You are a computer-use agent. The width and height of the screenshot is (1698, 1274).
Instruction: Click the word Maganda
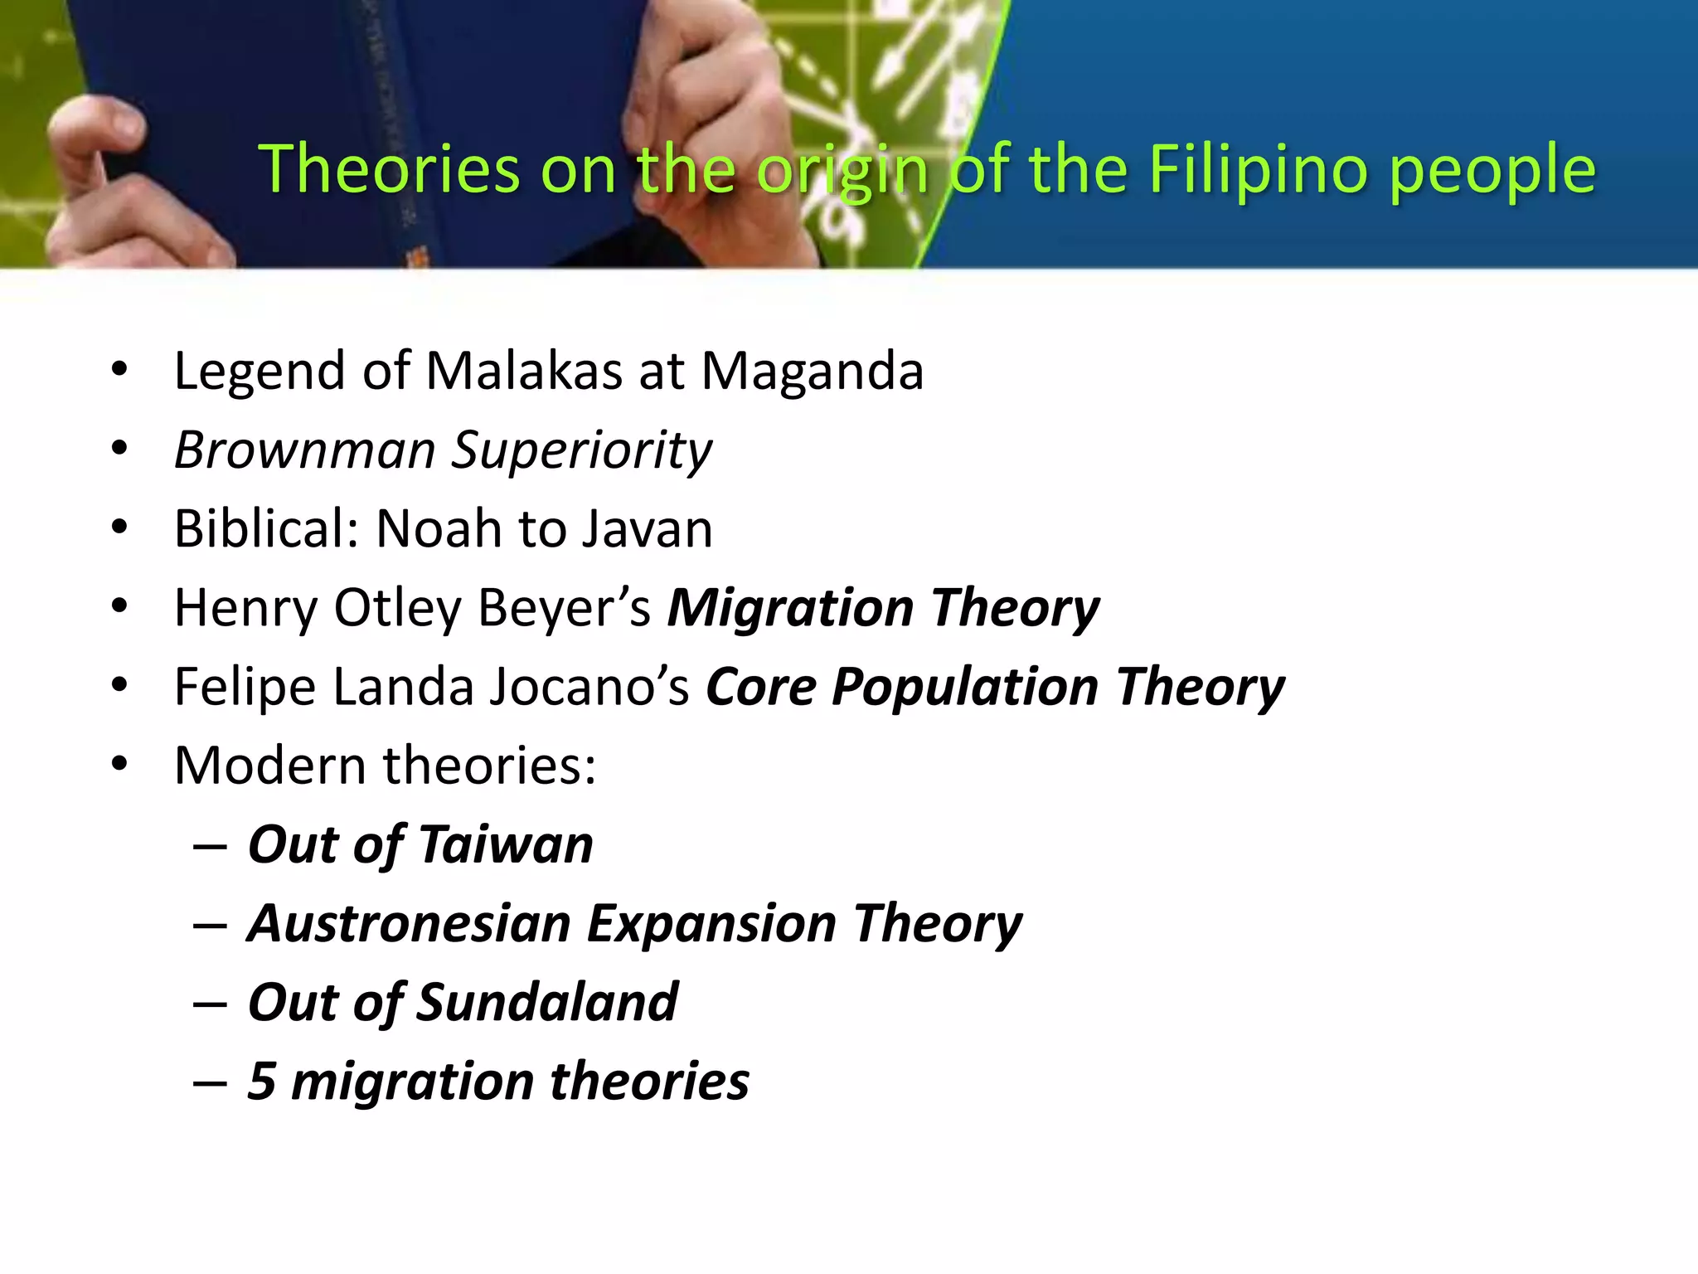point(813,372)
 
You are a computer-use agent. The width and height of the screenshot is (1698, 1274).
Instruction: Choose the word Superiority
point(581,451)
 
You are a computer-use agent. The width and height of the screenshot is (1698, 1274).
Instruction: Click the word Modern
point(270,765)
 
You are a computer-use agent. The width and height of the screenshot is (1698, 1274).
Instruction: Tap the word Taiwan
point(506,844)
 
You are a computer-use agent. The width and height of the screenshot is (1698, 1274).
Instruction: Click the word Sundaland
point(547,1002)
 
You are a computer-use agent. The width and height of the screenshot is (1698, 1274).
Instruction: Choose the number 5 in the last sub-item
point(261,1081)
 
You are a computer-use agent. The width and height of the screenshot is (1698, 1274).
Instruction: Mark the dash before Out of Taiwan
point(210,847)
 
